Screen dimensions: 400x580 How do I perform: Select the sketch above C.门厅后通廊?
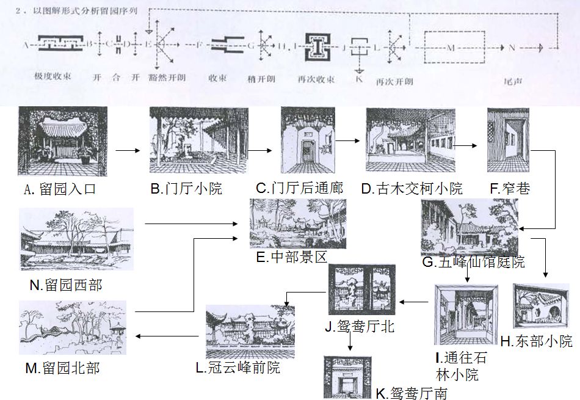[x=308, y=140]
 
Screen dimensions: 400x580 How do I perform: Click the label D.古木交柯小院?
[x=411, y=189]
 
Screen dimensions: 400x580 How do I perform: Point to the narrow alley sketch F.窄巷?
[x=508, y=140]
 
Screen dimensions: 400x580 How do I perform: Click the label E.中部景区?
[x=292, y=258]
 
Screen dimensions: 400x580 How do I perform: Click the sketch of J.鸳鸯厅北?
[x=362, y=289]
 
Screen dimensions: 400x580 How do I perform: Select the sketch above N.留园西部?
[x=76, y=239]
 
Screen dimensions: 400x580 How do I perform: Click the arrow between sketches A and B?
[x=128, y=149]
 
